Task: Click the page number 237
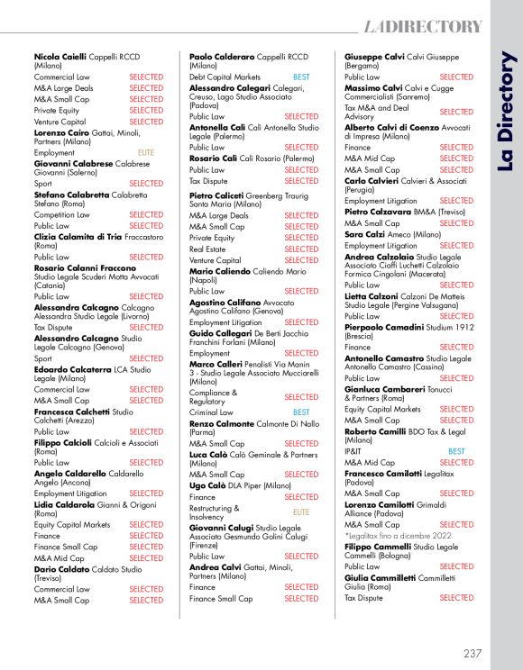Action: (473, 653)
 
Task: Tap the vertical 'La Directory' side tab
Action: (505, 112)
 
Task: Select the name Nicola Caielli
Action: (58, 56)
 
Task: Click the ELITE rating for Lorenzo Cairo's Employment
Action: (145, 153)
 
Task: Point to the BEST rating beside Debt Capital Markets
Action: (300, 77)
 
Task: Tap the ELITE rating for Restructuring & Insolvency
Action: (301, 512)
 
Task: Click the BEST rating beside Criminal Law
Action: (300, 412)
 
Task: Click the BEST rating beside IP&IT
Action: (456, 452)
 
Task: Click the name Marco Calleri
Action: (217, 365)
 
